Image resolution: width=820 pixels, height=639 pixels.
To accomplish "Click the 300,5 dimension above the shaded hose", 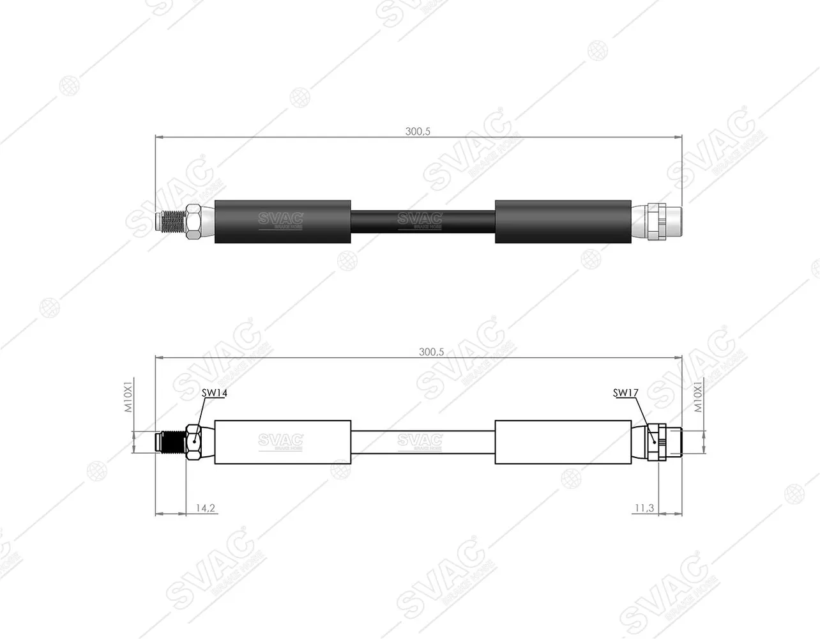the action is (418, 132).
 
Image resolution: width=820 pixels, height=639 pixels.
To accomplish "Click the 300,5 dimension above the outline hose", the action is (431, 352).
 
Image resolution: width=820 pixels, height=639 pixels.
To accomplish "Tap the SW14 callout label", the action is (215, 393).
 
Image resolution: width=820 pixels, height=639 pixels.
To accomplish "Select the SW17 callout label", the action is (625, 393).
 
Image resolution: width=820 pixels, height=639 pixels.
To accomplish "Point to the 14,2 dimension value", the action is (205, 508).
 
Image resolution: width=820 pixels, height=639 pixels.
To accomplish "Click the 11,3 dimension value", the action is (644, 508).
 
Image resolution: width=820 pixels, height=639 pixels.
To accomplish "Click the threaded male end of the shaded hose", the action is (170, 221).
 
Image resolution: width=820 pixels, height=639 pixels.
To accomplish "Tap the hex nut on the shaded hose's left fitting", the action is (194, 222).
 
